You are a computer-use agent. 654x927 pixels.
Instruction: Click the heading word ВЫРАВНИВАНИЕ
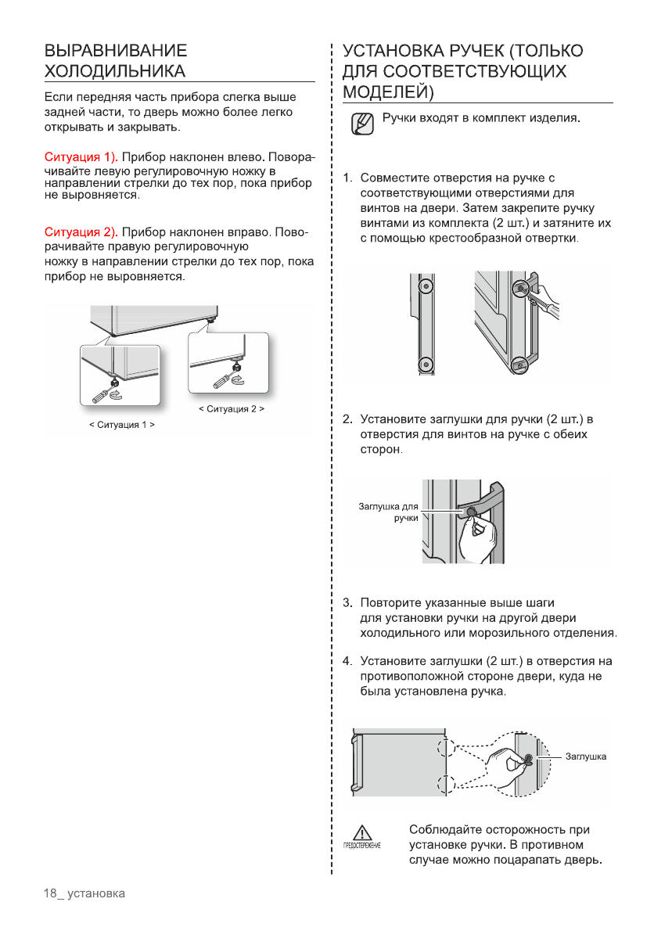point(115,52)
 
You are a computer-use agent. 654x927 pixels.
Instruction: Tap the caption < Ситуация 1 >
point(120,425)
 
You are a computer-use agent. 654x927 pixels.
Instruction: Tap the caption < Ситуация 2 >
point(231,408)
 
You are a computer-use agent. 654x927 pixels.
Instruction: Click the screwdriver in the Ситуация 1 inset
point(102,393)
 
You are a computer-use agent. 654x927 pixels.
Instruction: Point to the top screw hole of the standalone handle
point(424,285)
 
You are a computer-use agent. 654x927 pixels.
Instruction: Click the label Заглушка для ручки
point(389,512)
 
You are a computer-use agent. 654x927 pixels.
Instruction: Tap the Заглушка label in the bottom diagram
point(586,756)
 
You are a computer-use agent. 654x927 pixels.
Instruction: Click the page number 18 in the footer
point(51,893)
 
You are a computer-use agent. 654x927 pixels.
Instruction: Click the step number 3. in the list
point(348,603)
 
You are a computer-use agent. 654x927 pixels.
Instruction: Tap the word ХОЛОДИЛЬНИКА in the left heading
point(115,72)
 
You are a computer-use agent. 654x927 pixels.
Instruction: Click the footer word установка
point(96,893)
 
